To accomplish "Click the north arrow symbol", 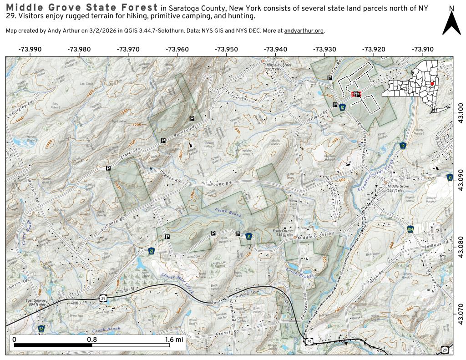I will coord(451,23).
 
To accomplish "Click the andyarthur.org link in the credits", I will coord(304,31).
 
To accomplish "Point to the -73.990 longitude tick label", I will coord(30,49).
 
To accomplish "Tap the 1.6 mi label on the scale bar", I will coord(173,339).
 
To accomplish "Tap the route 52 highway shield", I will coord(41,328).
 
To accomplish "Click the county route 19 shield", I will coord(403,146).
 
